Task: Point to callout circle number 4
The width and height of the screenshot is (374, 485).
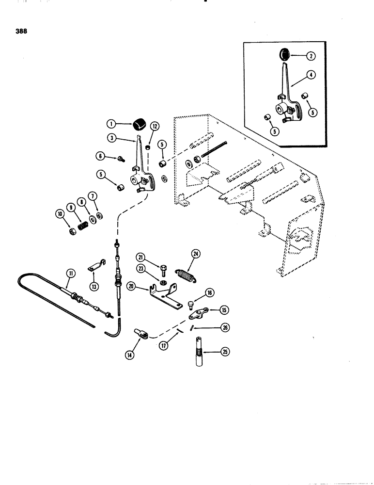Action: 311,75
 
